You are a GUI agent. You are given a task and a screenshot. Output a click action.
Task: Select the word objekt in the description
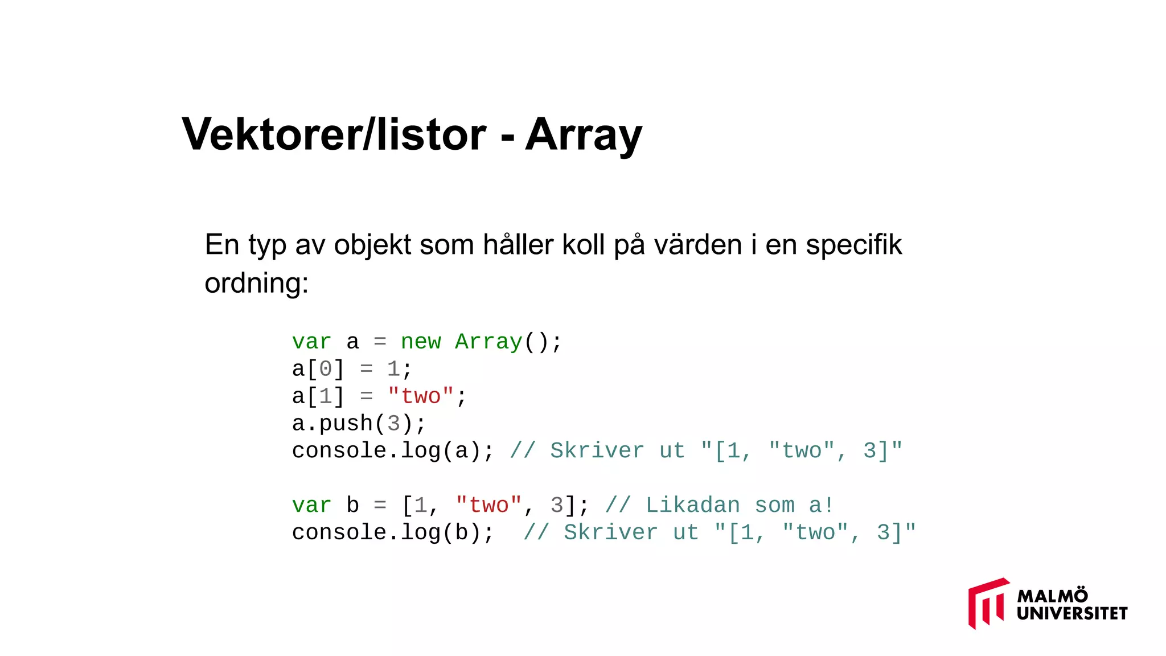tap(372, 245)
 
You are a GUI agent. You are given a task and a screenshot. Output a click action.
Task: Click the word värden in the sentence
tap(697, 245)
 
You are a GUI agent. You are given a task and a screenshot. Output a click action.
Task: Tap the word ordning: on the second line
tap(256, 283)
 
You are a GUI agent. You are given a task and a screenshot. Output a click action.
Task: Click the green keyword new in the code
tap(420, 342)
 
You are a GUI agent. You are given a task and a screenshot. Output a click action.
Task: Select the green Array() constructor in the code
tap(501, 342)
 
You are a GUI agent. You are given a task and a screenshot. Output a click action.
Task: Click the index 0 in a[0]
tap(326, 369)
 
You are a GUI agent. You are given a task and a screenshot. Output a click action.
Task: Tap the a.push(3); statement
tap(359, 424)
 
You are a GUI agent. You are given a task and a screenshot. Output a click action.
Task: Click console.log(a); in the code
tap(393, 451)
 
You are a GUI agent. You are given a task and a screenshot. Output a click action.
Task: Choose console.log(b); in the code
tap(393, 533)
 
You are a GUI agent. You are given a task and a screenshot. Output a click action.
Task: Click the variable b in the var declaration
tap(353, 506)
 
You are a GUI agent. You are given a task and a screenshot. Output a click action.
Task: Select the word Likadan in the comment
tap(692, 506)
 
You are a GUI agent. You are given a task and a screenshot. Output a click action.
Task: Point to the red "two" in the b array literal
tap(488, 506)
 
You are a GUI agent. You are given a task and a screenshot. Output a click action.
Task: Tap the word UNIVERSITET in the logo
tap(1071, 613)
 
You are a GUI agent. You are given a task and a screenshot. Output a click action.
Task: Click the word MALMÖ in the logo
tap(1052, 596)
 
